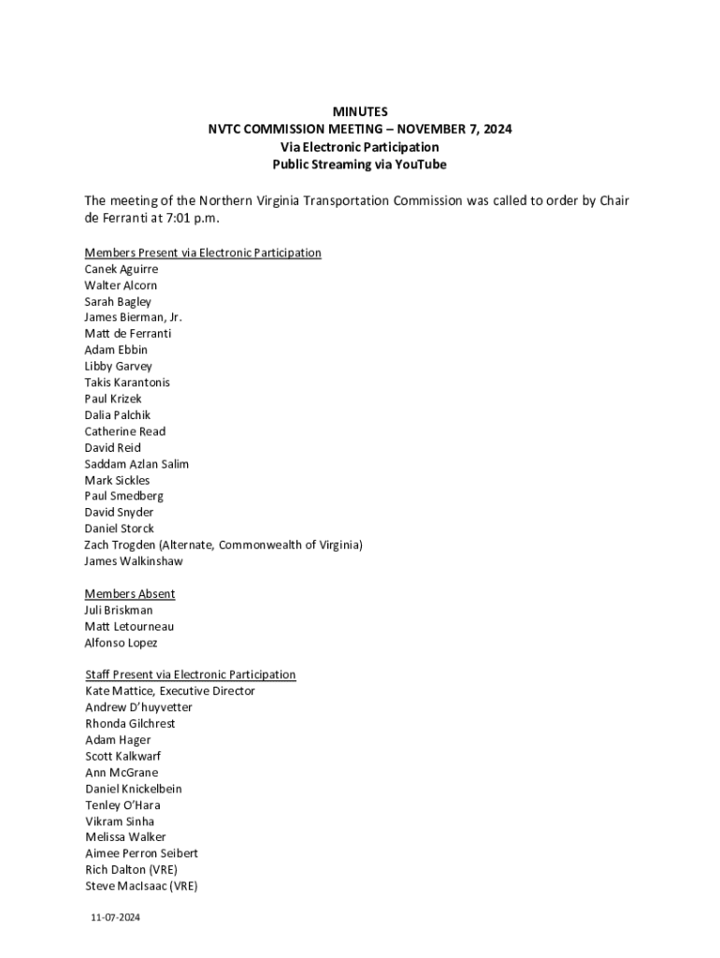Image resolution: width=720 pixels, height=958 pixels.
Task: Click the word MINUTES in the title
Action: click(360, 112)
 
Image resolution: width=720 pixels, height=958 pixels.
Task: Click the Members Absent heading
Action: click(130, 594)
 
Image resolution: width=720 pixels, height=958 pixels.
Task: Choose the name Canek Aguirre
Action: click(122, 269)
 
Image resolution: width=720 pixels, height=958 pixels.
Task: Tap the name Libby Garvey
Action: click(118, 367)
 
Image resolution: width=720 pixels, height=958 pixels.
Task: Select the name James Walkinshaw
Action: click(134, 561)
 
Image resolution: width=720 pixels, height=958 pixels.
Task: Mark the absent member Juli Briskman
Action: click(119, 610)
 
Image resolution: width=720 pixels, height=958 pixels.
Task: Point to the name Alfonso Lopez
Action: click(122, 643)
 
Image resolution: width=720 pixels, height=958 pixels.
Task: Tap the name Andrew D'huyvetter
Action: click(138, 708)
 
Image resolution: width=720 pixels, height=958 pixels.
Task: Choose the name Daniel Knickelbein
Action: click(134, 789)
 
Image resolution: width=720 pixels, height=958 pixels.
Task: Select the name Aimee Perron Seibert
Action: click(141, 854)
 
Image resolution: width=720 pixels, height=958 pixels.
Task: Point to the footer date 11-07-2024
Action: click(115, 918)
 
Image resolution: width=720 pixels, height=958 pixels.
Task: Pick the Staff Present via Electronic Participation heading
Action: click(191, 675)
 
